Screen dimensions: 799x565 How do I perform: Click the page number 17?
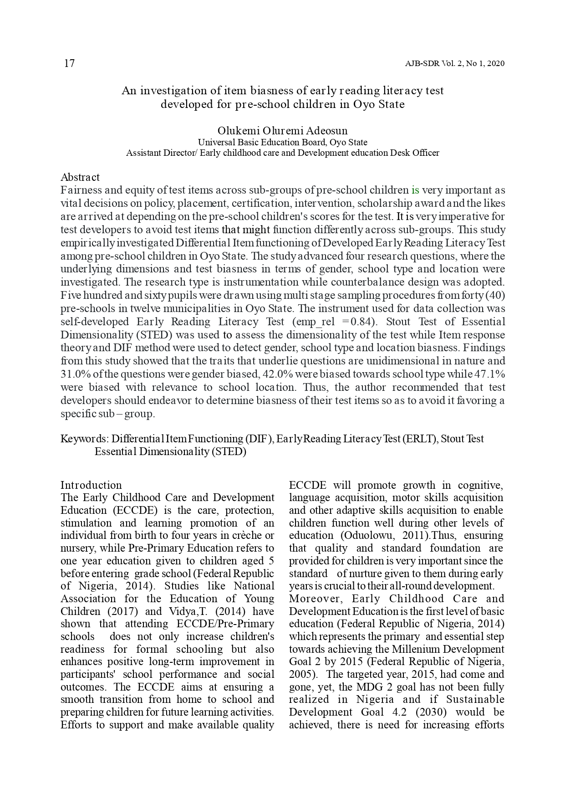[x=69, y=63]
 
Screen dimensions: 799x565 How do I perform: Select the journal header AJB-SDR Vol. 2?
[x=437, y=64]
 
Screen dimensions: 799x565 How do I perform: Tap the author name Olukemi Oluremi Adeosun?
[x=282, y=131]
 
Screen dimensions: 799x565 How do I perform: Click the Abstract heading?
[x=80, y=177]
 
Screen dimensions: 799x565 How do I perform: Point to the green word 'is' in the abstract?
[x=415, y=190]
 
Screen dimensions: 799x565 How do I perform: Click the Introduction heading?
[x=91, y=485]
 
